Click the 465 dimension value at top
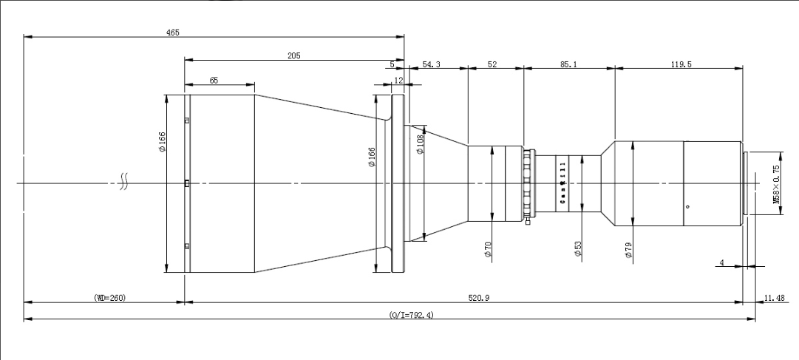click(173, 33)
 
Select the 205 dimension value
click(294, 55)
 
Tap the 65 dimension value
click(214, 80)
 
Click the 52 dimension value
click(492, 64)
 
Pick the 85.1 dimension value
click(568, 64)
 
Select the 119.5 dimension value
click(681, 64)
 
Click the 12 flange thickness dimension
click(398, 80)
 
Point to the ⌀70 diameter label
click(488, 249)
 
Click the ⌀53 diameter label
click(577, 248)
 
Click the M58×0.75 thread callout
click(776, 184)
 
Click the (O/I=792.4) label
click(411, 315)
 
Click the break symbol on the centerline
click(124, 183)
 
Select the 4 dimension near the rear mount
click(721, 262)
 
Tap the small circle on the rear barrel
click(687, 206)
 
